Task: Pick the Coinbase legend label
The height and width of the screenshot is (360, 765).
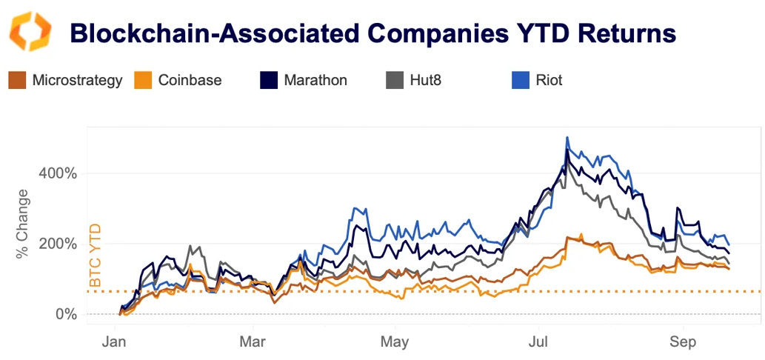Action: (x=190, y=80)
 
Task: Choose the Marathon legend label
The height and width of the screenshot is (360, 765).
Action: (x=315, y=80)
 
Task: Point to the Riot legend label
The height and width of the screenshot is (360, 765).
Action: (x=548, y=80)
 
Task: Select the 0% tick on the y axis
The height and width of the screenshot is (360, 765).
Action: (x=67, y=314)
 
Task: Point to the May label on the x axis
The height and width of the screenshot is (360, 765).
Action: (x=395, y=342)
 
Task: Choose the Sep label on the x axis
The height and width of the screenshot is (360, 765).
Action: (x=683, y=342)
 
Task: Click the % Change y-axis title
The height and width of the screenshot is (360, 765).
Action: (x=23, y=224)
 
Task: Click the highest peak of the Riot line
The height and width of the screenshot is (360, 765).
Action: (x=567, y=138)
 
